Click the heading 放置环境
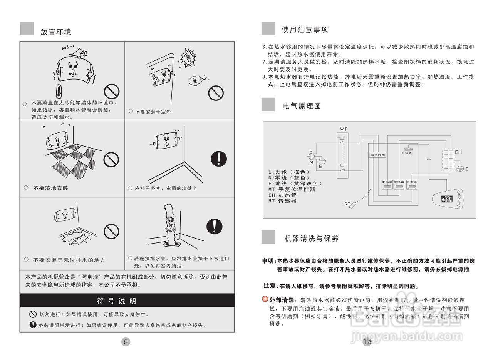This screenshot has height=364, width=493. [x=56, y=32]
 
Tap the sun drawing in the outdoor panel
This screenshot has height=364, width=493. [x=188, y=57]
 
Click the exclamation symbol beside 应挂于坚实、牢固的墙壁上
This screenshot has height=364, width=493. [x=219, y=159]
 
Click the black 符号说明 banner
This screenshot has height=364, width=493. [x=127, y=301]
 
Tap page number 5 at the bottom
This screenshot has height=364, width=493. [x=126, y=342]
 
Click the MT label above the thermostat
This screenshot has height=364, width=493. [x=343, y=129]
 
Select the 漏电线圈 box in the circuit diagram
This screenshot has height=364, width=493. [x=377, y=155]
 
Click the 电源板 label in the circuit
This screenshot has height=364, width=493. [x=407, y=153]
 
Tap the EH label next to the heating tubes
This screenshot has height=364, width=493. [x=458, y=152]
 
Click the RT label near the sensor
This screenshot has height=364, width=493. [x=347, y=204]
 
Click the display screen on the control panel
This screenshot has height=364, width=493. [x=446, y=200]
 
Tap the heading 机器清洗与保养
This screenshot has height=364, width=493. [x=311, y=239]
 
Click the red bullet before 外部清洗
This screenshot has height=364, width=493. [x=265, y=299]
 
